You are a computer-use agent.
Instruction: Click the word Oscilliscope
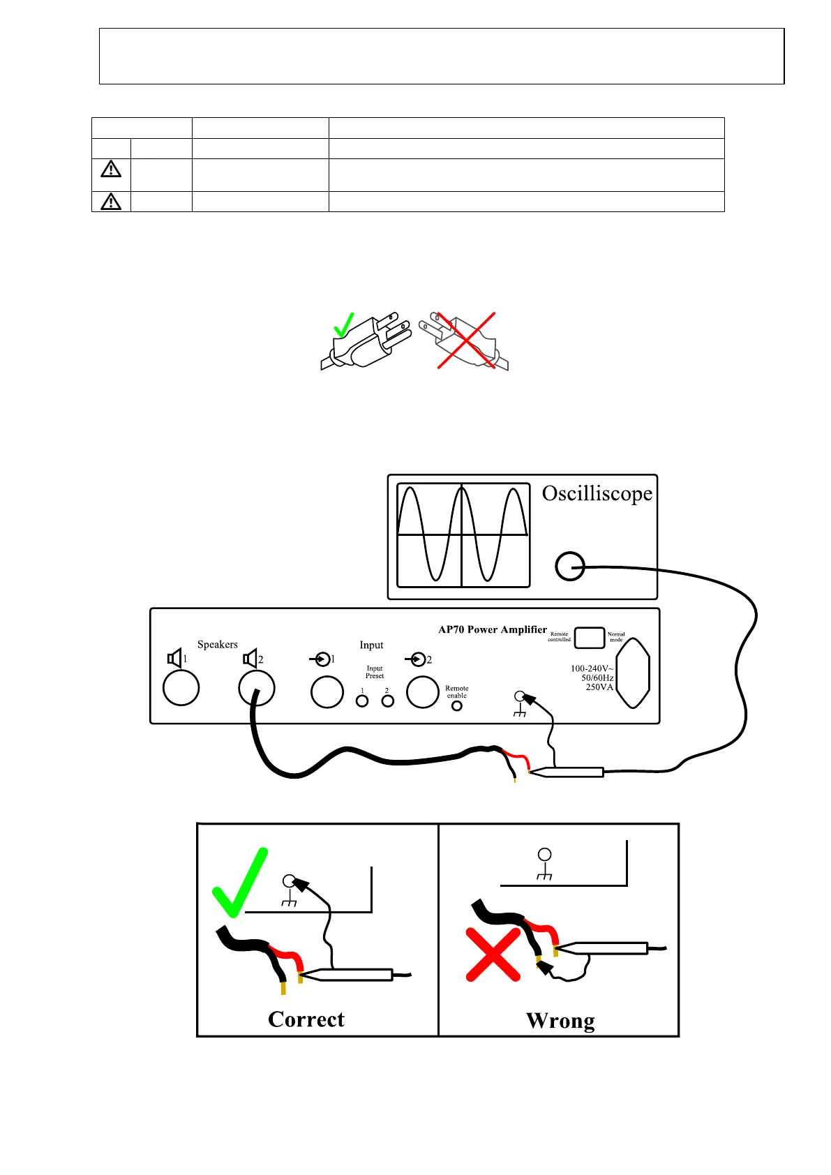coord(597,494)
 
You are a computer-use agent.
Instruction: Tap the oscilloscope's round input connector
coord(569,566)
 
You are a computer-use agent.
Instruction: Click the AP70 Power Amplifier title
coord(492,629)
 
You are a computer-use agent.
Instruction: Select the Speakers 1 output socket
coord(181,688)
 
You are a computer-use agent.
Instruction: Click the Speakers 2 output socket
coord(256,688)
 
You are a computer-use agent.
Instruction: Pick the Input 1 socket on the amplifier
coord(327,692)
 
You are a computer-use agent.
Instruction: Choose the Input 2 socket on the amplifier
coord(422,692)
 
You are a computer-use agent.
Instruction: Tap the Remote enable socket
coord(457,705)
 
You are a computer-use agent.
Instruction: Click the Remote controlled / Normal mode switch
coord(589,638)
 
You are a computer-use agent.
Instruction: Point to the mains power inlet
coord(634,673)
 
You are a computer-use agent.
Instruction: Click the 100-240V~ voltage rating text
coord(592,668)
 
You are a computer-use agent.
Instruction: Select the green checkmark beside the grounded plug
coord(344,324)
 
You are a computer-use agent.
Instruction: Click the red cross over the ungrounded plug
coord(465,340)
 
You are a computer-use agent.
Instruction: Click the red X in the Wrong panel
coord(493,955)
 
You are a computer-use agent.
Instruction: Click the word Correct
coord(306,1019)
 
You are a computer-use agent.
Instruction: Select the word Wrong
coord(560,1021)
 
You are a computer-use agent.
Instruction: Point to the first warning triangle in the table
coord(111,170)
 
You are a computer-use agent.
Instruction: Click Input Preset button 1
coord(362,701)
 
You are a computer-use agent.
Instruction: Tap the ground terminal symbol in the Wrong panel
coord(545,863)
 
